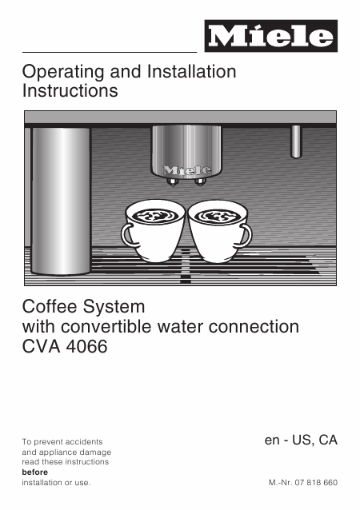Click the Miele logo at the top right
pos(271,36)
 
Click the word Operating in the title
pos(63,72)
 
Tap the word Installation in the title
pos(192,71)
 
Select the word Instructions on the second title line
pos(70,90)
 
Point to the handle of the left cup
pos(127,235)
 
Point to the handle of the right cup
pos(246,235)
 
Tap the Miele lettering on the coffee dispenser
pos(187,170)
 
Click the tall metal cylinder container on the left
pos(61,201)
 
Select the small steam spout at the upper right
pos(296,141)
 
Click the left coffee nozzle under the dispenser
pos(172,181)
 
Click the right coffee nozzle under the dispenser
pos(200,181)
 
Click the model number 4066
pos(87,346)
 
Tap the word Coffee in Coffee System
pos(50,306)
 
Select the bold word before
pos(35,472)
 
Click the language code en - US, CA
pos(301,440)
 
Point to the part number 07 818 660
pos(316,483)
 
